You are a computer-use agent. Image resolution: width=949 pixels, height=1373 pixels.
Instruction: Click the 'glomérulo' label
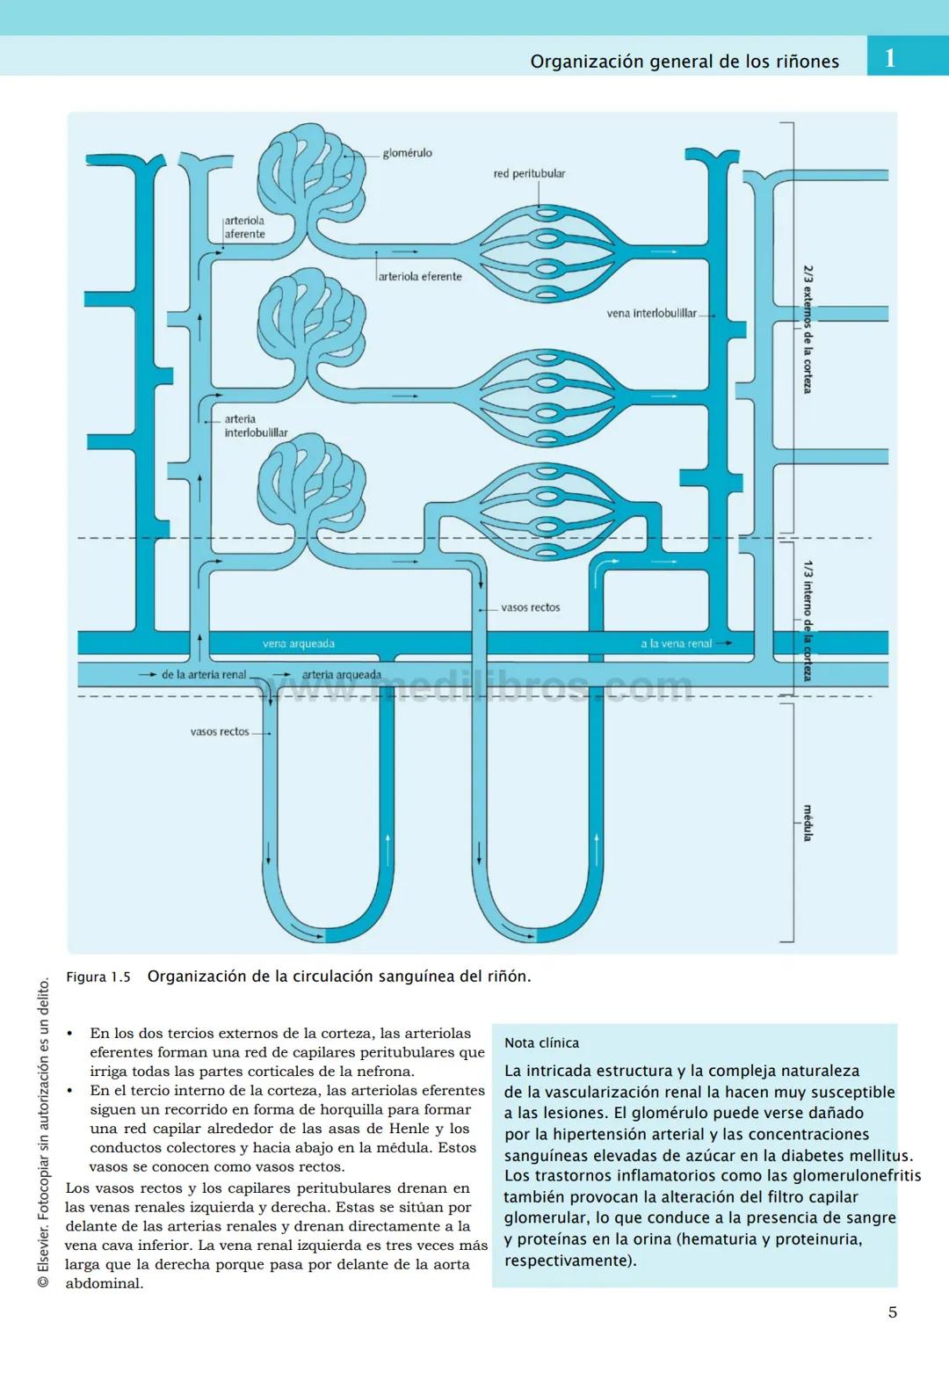(x=407, y=153)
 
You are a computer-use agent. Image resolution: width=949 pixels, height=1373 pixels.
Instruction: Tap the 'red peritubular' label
(x=529, y=174)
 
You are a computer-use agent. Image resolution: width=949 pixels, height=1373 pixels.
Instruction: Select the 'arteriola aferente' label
(x=244, y=228)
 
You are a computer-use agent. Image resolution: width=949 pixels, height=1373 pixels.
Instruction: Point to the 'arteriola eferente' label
(x=420, y=277)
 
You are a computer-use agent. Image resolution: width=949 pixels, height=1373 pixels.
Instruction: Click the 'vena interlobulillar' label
(x=651, y=313)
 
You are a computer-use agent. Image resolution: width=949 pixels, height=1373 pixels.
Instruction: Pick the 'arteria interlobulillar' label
(x=255, y=426)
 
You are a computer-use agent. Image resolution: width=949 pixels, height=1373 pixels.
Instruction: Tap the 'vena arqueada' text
(x=298, y=643)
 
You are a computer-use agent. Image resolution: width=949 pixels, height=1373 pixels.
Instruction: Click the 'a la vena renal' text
(x=676, y=643)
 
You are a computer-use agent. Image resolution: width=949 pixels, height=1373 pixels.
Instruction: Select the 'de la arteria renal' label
(x=203, y=675)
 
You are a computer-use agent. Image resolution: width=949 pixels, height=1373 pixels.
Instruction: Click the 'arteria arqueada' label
(x=341, y=675)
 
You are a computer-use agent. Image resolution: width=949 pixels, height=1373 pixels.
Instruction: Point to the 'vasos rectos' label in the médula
(x=220, y=731)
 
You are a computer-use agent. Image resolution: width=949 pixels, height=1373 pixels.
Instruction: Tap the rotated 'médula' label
(x=808, y=823)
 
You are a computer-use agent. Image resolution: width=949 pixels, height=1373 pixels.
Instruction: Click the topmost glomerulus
(x=311, y=176)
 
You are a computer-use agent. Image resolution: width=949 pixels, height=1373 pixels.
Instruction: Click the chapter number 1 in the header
(x=890, y=58)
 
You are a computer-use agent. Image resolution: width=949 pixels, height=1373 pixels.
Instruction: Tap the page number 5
(x=893, y=1312)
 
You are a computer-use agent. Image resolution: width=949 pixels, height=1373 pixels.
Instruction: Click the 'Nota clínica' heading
(x=541, y=1043)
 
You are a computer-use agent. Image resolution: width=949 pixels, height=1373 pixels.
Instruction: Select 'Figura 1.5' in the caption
(x=98, y=977)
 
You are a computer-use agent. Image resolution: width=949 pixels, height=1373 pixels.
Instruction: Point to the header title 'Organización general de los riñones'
(x=685, y=62)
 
